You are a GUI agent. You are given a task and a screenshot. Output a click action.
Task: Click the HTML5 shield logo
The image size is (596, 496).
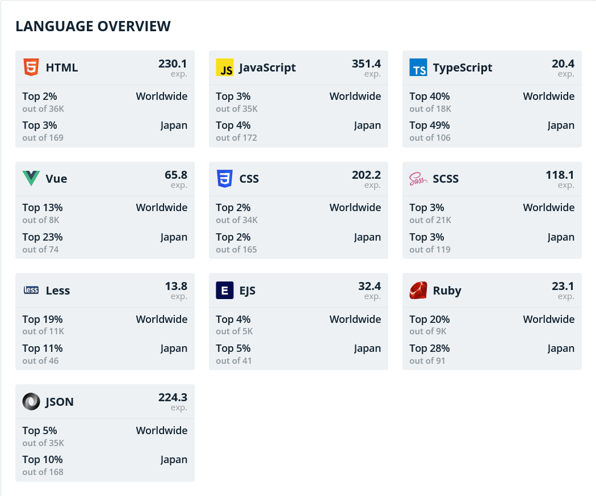pos(31,68)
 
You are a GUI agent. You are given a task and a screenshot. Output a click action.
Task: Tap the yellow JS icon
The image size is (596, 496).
pos(225,68)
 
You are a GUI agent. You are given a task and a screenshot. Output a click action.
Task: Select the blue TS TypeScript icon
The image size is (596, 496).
pos(418,68)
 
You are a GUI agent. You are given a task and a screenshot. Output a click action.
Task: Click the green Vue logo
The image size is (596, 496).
pos(31,179)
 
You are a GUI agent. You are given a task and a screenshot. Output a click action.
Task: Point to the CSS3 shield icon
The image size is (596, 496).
pos(225,179)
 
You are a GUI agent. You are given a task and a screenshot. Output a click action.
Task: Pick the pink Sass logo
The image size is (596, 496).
pos(418,179)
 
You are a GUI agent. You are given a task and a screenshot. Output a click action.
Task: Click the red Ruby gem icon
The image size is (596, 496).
pos(418,291)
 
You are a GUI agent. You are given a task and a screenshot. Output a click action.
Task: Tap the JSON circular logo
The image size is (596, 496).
pos(31,402)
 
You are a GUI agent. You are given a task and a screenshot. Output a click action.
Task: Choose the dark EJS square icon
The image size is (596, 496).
pos(225,291)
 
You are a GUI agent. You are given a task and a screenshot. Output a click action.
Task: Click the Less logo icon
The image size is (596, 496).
pos(31,291)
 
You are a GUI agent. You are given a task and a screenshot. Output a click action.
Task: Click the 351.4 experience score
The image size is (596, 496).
pos(366,64)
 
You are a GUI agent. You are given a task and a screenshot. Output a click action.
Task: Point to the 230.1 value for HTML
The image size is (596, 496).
pos(173,64)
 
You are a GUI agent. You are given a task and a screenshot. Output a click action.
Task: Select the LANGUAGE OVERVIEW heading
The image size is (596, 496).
pos(93,26)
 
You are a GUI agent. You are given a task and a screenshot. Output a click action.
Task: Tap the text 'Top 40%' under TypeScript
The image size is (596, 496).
pos(430,96)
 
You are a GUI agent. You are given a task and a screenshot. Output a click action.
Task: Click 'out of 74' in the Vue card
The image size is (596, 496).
pos(40,249)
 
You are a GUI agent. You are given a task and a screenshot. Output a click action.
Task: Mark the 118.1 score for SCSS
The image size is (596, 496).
pos(560,175)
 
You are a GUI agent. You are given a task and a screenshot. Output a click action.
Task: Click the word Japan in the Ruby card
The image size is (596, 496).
pos(561,348)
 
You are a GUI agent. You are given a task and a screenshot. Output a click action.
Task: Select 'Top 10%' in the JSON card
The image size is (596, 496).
pos(43,460)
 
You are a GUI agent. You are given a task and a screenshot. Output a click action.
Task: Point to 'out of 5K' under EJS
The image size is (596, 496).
pos(234,331)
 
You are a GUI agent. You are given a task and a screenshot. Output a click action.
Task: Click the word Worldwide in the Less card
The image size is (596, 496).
pos(161,320)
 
